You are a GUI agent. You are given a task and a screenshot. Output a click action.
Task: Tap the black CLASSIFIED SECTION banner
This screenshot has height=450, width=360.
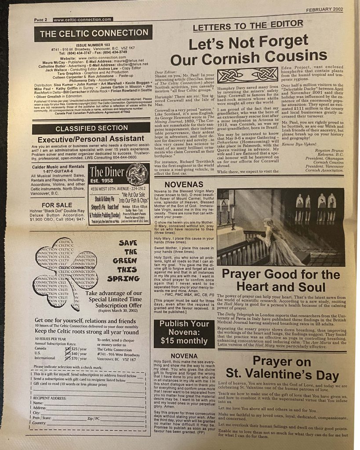pyautogui.click(x=91, y=129)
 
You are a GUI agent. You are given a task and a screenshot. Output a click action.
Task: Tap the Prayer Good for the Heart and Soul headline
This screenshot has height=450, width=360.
pyautogui.click(x=287, y=280)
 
